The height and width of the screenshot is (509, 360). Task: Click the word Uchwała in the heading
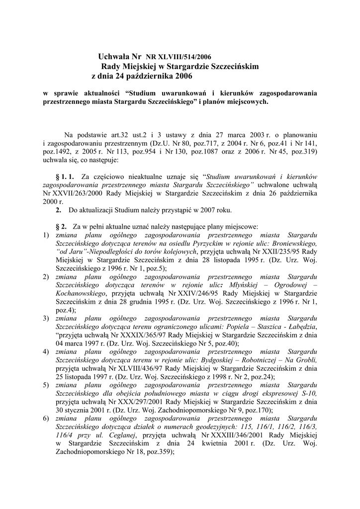click(x=113, y=57)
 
